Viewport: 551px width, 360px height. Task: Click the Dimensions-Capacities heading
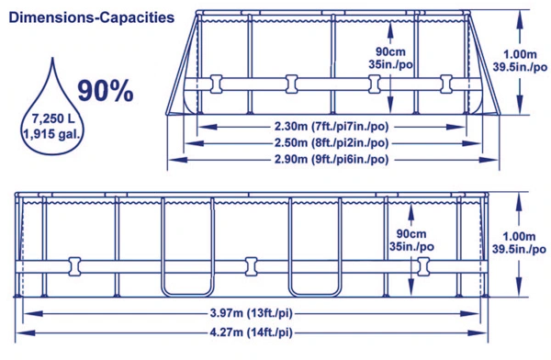click(x=91, y=17)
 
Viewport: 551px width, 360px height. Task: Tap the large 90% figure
click(x=106, y=91)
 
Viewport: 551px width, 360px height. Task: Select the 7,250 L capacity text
click(x=53, y=118)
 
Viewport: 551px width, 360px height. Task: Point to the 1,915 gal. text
click(x=52, y=134)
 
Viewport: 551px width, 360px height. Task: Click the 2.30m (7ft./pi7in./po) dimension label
click(x=332, y=127)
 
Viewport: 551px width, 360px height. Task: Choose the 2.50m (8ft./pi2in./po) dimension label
click(x=332, y=143)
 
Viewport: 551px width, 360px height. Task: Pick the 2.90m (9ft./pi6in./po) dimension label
click(x=332, y=160)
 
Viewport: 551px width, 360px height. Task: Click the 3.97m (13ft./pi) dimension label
click(x=252, y=313)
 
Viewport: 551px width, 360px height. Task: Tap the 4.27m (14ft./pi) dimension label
click(x=252, y=332)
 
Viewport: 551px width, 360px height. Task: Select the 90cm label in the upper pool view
click(x=390, y=51)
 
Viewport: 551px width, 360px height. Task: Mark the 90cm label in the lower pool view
click(x=411, y=234)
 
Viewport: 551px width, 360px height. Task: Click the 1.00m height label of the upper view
click(x=520, y=54)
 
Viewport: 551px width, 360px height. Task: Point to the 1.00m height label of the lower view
click(x=519, y=236)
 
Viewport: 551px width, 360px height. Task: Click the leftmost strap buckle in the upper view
click(x=216, y=84)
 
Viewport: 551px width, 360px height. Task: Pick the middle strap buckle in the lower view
click(x=251, y=266)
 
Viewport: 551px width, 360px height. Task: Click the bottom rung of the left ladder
click(x=187, y=295)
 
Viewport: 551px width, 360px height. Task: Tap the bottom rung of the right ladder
click(x=315, y=295)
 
